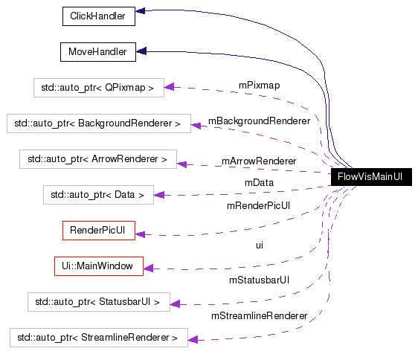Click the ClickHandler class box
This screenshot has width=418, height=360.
(97, 16)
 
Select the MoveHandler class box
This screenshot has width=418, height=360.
(97, 52)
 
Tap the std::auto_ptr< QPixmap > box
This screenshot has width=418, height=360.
(98, 88)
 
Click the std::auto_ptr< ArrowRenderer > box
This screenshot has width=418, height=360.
(98, 159)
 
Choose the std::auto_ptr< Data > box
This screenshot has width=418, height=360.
(98, 195)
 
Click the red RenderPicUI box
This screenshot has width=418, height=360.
(97, 231)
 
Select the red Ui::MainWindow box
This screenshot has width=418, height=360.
(98, 266)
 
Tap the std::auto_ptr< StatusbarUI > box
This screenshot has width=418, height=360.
(98, 302)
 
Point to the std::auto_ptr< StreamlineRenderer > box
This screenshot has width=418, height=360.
(98, 338)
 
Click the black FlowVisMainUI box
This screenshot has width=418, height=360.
(370, 177)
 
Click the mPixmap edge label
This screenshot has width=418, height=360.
(259, 85)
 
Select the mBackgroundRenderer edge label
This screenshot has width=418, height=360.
(259, 120)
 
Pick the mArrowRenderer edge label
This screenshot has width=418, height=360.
(259, 161)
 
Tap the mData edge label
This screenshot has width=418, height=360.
(259, 182)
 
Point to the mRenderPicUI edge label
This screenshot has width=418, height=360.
(259, 205)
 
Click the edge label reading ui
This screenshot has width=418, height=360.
(259, 244)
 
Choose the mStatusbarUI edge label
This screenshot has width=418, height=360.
(259, 280)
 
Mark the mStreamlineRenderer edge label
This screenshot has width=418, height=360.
(259, 315)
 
